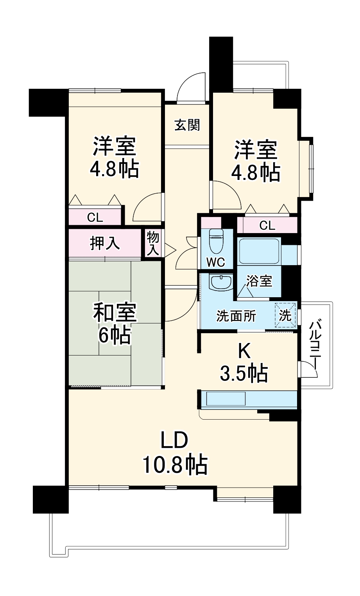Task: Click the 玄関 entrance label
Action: click(x=187, y=125)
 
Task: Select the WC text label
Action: click(x=216, y=262)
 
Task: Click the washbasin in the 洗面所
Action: click(x=221, y=282)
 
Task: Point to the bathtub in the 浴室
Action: click(x=259, y=251)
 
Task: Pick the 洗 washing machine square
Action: click(x=285, y=315)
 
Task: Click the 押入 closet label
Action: click(x=105, y=243)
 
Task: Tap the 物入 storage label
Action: click(x=153, y=243)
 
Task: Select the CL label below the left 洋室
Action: click(x=95, y=217)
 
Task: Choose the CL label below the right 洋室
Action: click(x=267, y=225)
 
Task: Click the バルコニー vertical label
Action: click(x=316, y=345)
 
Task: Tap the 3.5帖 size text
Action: click(x=244, y=373)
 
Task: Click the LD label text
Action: click(x=174, y=441)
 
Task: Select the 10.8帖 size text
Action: click(x=174, y=464)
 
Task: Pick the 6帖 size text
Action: click(x=115, y=335)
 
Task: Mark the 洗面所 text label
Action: click(x=236, y=316)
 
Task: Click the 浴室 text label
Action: click(x=259, y=281)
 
